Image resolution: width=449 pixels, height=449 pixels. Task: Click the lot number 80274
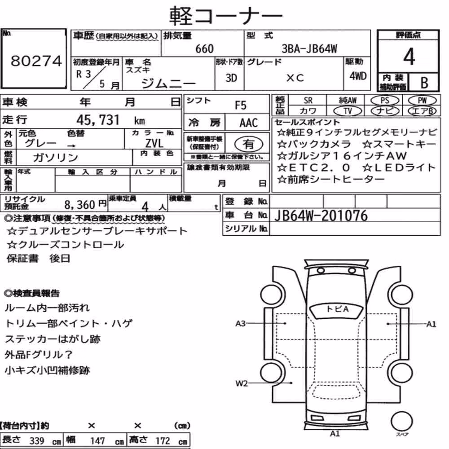(36, 61)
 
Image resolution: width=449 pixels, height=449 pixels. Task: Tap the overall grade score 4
(409, 57)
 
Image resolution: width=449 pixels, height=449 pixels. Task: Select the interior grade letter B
(424, 83)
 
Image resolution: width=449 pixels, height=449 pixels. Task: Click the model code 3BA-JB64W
(309, 49)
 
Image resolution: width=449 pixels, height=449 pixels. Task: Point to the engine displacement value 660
(204, 49)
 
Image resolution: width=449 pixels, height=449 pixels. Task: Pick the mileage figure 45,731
(97, 120)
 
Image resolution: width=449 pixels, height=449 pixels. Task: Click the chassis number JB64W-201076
(321, 216)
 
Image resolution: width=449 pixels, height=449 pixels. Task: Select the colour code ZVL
(154, 143)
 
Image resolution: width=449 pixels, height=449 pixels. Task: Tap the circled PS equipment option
(385, 101)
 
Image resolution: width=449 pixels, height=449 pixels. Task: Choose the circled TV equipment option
(348, 111)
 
